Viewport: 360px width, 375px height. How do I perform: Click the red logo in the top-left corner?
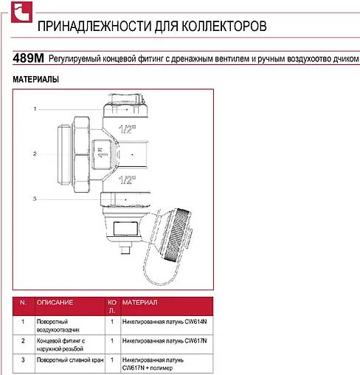pos(21,12)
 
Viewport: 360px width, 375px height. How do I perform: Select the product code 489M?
pos(28,58)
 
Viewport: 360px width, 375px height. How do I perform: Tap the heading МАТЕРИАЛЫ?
pos(35,80)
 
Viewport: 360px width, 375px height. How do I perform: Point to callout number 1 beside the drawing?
pos(35,109)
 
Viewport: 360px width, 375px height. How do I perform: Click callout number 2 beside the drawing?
pos(35,154)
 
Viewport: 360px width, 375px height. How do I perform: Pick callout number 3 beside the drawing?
pos(35,199)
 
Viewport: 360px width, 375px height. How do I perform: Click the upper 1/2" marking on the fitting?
pos(127,129)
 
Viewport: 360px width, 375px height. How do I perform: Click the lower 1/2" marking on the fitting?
pos(127,180)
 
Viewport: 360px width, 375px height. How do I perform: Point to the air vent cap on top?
pos(125,106)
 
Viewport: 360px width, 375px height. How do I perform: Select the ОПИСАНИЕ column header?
pos(55,303)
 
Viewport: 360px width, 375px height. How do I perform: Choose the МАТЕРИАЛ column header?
pos(139,303)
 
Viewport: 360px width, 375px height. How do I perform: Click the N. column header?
pos(23,303)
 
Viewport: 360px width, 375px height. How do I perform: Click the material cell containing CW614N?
pos(165,322)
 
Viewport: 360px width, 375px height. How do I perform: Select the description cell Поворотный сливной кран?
pos(70,360)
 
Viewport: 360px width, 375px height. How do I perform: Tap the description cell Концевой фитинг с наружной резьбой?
pos(60,345)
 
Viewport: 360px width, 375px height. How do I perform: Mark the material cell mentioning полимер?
pos(153,364)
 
